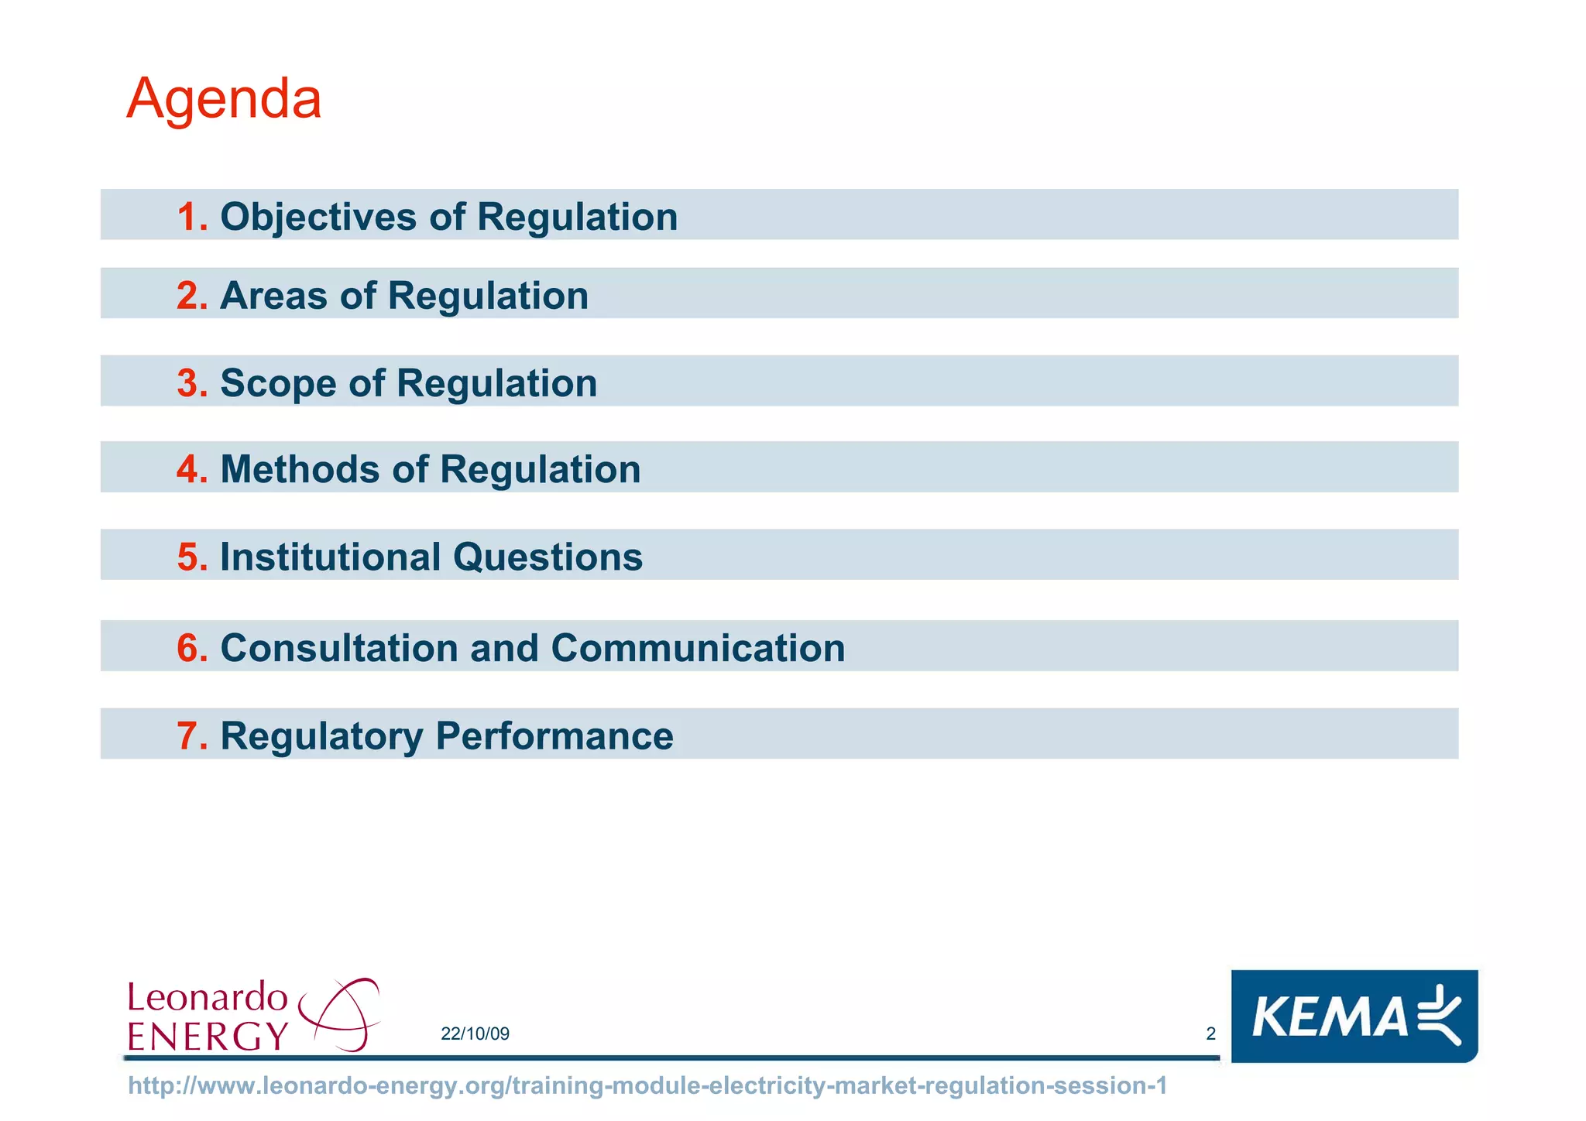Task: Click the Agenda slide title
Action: tap(224, 99)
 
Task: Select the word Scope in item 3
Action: tap(278, 383)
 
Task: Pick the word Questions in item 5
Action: tap(548, 557)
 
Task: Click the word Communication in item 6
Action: tap(698, 648)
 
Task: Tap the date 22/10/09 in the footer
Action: tap(475, 1034)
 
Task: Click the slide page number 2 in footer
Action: tap(1211, 1034)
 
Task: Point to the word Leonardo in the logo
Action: tap(208, 997)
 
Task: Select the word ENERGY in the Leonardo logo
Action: tap(208, 1036)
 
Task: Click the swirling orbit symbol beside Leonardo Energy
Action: tap(341, 1014)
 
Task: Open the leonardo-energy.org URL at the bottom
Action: tap(647, 1085)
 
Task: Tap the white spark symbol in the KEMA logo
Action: tap(1440, 1014)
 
